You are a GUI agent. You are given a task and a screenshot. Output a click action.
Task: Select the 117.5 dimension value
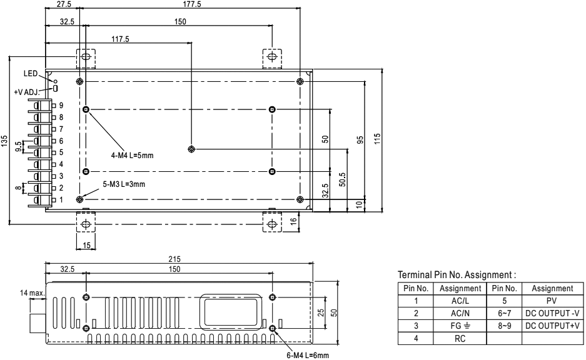coord(120,38)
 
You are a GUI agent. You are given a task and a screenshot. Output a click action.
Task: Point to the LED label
coord(31,74)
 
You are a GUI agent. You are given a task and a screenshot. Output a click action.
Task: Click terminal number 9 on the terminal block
coord(61,105)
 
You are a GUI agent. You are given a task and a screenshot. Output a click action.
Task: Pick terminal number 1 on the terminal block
coord(61,199)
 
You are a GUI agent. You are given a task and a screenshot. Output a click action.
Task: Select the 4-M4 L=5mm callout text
coord(128,155)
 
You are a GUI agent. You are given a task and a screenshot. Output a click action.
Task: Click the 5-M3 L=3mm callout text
coord(124,184)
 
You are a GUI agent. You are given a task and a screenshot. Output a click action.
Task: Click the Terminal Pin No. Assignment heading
coord(456,274)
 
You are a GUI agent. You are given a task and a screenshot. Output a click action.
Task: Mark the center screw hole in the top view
coord(191,149)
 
